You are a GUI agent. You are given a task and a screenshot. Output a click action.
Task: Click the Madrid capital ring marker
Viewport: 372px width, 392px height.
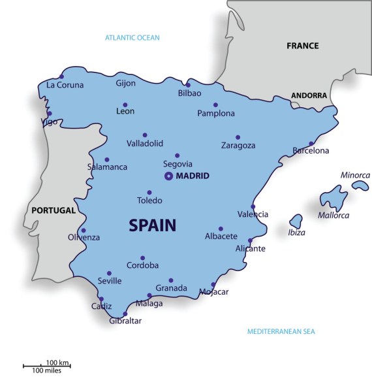pos(168,176)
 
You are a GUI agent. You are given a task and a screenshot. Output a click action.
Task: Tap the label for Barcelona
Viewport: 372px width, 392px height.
pos(311,151)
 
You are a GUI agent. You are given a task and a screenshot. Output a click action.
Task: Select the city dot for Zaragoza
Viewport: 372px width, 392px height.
pos(238,137)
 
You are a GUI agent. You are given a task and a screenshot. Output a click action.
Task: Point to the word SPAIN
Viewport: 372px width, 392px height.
pos(153,225)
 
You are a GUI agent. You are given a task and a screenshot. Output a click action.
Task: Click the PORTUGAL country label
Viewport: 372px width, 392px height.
pos(53,211)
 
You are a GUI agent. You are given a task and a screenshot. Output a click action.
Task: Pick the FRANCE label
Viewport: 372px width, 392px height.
pos(303,46)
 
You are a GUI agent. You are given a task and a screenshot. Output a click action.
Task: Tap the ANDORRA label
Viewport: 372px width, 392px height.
pos(309,95)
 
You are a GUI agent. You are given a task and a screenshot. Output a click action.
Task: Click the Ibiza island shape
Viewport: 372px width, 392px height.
pos(296,221)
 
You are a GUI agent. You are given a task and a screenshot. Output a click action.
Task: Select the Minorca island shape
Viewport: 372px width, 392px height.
pos(360,186)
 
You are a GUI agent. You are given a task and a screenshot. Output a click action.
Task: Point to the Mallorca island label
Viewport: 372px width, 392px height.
pos(333,216)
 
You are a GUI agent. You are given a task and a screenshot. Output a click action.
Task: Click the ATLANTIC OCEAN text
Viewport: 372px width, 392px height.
pos(132,38)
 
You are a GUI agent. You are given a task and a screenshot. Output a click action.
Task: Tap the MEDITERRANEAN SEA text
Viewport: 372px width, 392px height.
pos(281,332)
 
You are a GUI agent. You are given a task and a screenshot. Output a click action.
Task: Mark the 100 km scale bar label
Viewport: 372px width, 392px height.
pos(57,363)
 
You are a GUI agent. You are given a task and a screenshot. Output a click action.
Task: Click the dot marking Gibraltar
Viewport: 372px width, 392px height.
pos(125,314)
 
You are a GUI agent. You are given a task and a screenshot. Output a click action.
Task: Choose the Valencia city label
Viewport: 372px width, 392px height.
pos(253,214)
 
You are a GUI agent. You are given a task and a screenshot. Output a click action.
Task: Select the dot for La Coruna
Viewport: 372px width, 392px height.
pos(62,76)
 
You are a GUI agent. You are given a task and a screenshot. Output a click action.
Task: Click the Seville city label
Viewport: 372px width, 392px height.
pos(110,281)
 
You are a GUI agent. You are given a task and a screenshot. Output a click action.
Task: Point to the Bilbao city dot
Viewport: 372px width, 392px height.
pos(188,84)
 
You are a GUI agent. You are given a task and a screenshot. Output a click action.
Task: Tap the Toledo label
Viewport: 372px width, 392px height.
pos(149,201)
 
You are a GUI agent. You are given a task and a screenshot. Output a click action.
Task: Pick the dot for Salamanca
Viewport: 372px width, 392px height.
pos(107,159)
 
